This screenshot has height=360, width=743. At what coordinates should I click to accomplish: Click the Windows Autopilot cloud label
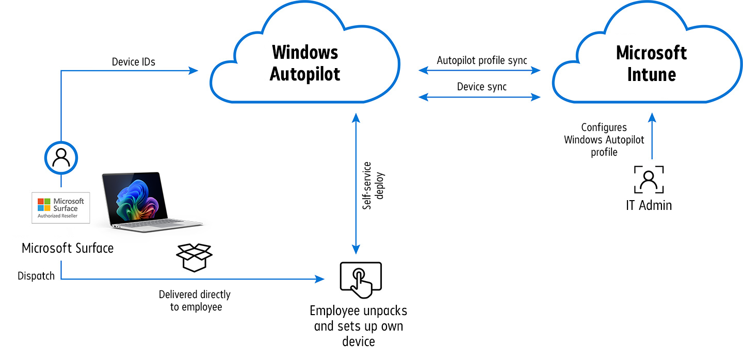pyautogui.click(x=305, y=63)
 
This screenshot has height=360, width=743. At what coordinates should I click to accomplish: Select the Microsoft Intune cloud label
pyautogui.click(x=651, y=63)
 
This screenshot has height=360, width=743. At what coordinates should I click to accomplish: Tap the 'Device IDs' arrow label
pyautogui.click(x=134, y=62)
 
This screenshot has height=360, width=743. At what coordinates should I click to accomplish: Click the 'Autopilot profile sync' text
pyautogui.click(x=482, y=60)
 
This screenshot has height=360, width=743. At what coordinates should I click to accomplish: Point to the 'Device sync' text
pyautogui.click(x=482, y=87)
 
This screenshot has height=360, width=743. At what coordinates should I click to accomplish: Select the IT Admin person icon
pyautogui.click(x=649, y=180)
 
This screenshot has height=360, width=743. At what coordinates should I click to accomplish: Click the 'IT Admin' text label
pyautogui.click(x=649, y=205)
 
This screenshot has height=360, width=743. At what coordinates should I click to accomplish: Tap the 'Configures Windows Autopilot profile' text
pyautogui.click(x=604, y=140)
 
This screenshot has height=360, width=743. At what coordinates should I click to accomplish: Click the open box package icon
pyautogui.click(x=194, y=257)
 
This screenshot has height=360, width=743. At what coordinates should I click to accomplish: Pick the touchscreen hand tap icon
pyautogui.click(x=361, y=280)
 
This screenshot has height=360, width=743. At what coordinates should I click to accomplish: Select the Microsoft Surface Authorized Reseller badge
pyautogui.click(x=61, y=207)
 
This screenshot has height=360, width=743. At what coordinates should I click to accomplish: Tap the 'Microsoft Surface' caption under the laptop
pyautogui.click(x=68, y=248)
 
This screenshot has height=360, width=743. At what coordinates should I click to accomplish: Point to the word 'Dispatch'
pyautogui.click(x=36, y=276)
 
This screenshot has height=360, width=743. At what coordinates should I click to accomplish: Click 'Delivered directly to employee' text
pyautogui.click(x=195, y=301)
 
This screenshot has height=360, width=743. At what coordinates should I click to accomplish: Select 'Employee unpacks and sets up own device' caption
pyautogui.click(x=359, y=326)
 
